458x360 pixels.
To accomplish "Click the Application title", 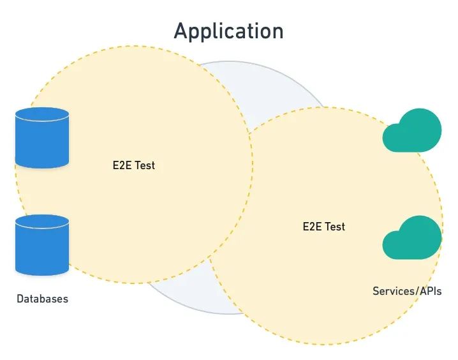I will point(228,31).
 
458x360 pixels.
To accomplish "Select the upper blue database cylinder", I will point(41,138).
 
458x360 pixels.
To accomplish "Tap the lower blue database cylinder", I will point(41,246).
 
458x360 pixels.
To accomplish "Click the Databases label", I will point(42,299).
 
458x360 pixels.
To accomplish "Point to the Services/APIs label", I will point(407,291).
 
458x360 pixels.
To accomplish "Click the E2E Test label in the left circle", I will point(133,165).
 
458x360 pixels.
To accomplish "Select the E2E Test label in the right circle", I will point(323,226).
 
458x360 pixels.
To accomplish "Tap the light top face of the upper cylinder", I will point(41,116).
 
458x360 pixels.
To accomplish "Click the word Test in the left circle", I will point(145,165).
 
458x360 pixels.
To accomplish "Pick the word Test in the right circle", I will point(335,226).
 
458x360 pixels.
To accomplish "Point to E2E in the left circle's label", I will point(121,165).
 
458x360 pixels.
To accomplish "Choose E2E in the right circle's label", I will point(311,226).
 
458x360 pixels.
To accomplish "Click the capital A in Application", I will point(182,31).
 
